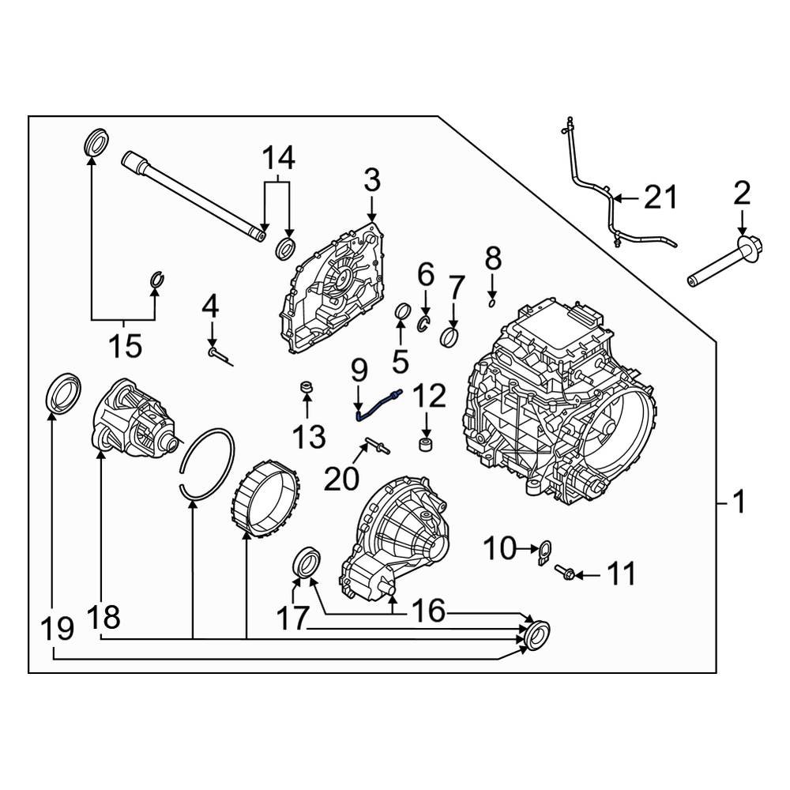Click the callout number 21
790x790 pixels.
pos(660,197)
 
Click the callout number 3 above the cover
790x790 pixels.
pos(372,180)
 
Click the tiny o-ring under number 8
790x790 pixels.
pos(491,299)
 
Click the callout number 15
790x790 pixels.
pos(124,345)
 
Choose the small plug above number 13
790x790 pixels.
pos(307,387)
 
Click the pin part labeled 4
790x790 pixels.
pos(218,355)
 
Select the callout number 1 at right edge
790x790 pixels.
pos(738,501)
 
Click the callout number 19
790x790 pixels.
pos(57,629)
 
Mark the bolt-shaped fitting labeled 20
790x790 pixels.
pos(374,448)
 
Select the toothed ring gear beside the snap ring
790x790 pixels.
pos(267,498)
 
